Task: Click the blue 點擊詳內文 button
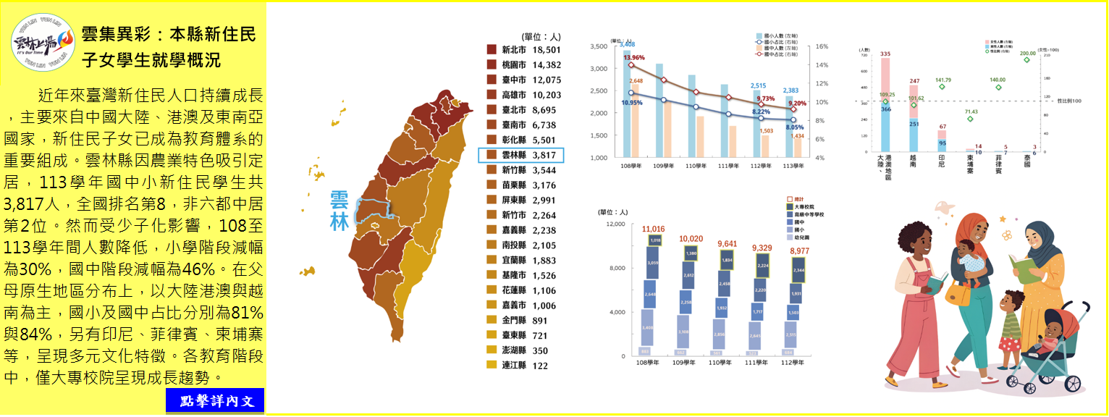[215, 400]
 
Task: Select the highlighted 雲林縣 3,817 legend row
[521, 155]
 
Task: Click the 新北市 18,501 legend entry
[521, 50]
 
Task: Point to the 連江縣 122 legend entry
[521, 366]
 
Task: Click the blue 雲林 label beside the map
[340, 210]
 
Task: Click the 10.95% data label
[632, 103]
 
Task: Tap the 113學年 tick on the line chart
[794, 166]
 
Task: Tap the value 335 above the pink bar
[885, 54]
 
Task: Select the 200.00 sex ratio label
[1026, 53]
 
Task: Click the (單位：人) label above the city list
[539, 36]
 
